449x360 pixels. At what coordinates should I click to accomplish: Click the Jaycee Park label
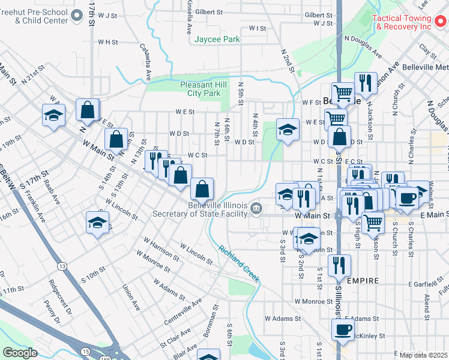coord(217,40)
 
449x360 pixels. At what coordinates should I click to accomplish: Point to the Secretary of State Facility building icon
coord(256,208)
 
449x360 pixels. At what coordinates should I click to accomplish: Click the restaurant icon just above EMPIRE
coord(340,263)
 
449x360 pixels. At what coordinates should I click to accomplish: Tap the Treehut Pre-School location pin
coord(77,15)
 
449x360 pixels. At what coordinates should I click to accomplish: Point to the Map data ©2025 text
coord(423,355)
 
